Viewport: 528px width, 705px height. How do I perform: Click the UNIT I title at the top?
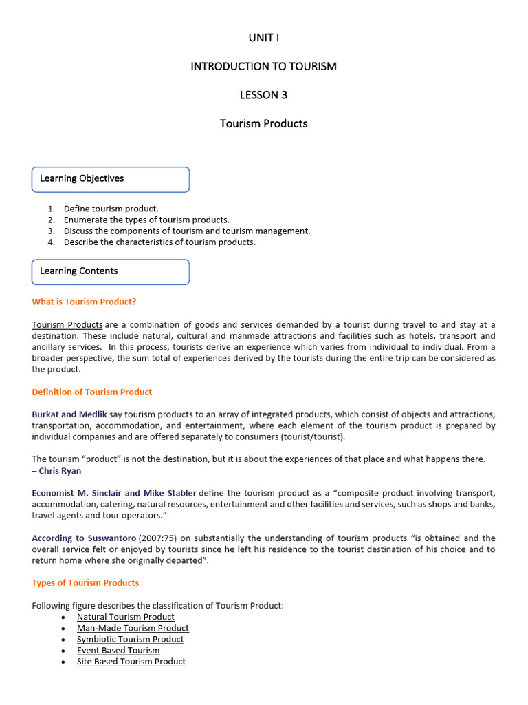pos(264,38)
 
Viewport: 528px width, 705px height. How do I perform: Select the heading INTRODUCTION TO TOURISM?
pos(264,67)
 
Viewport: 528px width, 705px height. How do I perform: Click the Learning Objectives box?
pos(111,179)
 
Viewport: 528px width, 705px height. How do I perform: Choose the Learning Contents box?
pos(111,271)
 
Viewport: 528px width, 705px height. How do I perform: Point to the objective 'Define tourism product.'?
pos(111,209)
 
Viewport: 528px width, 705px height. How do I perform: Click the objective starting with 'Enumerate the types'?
pos(146,220)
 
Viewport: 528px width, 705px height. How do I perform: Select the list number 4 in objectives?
pos(52,242)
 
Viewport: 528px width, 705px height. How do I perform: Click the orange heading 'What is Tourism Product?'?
pos(89,302)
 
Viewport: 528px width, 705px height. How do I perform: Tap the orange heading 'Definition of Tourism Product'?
pos(92,392)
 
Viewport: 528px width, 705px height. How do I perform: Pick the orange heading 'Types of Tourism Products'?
pos(85,583)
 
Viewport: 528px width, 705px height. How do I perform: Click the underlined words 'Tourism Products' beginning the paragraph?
pos(67,325)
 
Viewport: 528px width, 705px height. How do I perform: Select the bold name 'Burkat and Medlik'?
pos(69,414)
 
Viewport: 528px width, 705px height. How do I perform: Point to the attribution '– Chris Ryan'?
pos(56,471)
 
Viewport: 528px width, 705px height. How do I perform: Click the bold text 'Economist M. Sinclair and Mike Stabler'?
pos(114,493)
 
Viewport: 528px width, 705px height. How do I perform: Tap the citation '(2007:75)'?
pos(159,538)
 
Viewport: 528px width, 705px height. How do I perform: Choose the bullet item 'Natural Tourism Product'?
pos(126,617)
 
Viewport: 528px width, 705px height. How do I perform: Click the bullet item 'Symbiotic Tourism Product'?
pos(131,640)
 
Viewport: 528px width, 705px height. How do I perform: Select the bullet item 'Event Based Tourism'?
pos(118,651)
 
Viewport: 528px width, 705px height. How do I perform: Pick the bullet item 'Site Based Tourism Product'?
pos(131,662)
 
